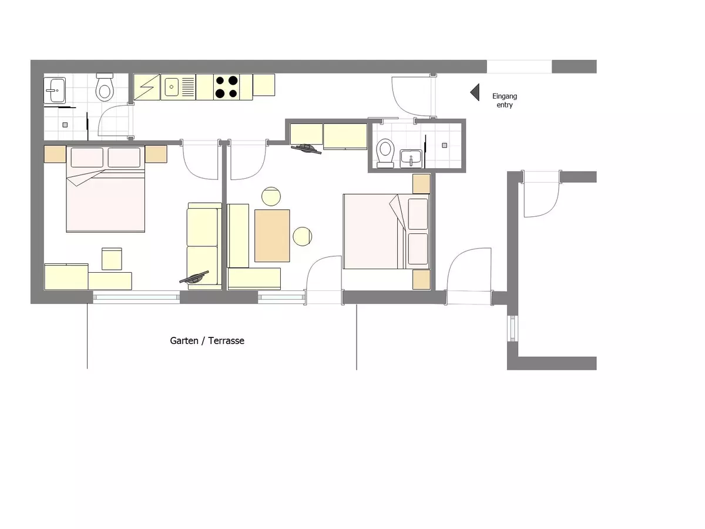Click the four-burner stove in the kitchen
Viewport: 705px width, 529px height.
[x=226, y=87]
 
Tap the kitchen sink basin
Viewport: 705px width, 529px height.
[x=172, y=87]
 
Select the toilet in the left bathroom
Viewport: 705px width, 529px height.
[x=105, y=87]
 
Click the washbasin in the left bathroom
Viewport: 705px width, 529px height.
[x=55, y=91]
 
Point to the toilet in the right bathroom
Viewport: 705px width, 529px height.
[x=385, y=153]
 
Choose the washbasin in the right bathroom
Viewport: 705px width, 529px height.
[x=411, y=158]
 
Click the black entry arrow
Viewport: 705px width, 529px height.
[x=475, y=92]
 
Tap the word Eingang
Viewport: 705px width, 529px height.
[x=505, y=96]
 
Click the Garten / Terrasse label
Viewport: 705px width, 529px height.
[x=207, y=340]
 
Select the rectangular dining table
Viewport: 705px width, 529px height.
[x=272, y=236]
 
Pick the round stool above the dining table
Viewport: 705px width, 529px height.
[x=271, y=196]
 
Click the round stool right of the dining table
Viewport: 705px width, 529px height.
[x=302, y=236]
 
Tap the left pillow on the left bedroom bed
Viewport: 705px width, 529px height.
[x=87, y=158]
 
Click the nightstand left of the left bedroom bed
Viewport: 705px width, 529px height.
[x=55, y=154]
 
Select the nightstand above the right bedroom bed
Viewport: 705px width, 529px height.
[x=421, y=184]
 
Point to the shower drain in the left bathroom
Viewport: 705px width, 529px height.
[x=65, y=125]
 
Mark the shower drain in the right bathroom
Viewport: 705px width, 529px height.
[x=445, y=146]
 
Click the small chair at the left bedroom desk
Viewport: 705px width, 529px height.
[x=112, y=259]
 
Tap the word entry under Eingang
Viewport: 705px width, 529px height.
[x=505, y=105]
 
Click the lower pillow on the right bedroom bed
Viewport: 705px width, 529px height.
[x=418, y=249]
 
